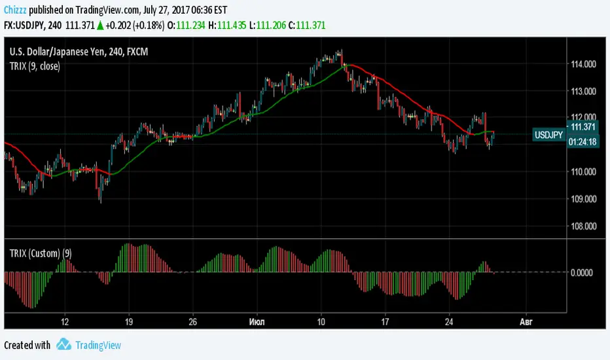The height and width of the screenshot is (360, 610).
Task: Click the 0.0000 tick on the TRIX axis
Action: pyautogui.click(x=582, y=272)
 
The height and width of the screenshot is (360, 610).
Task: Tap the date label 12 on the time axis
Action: pyautogui.click(x=64, y=322)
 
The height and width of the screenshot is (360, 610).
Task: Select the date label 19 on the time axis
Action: pyautogui.click(x=129, y=322)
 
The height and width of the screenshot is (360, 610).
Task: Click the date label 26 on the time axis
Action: pyautogui.click(x=192, y=322)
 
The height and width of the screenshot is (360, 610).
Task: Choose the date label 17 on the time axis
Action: pyautogui.click(x=386, y=322)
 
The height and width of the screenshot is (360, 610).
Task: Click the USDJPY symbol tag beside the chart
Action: pyautogui.click(x=548, y=135)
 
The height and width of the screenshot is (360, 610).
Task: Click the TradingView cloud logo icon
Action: pyautogui.click(x=63, y=345)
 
